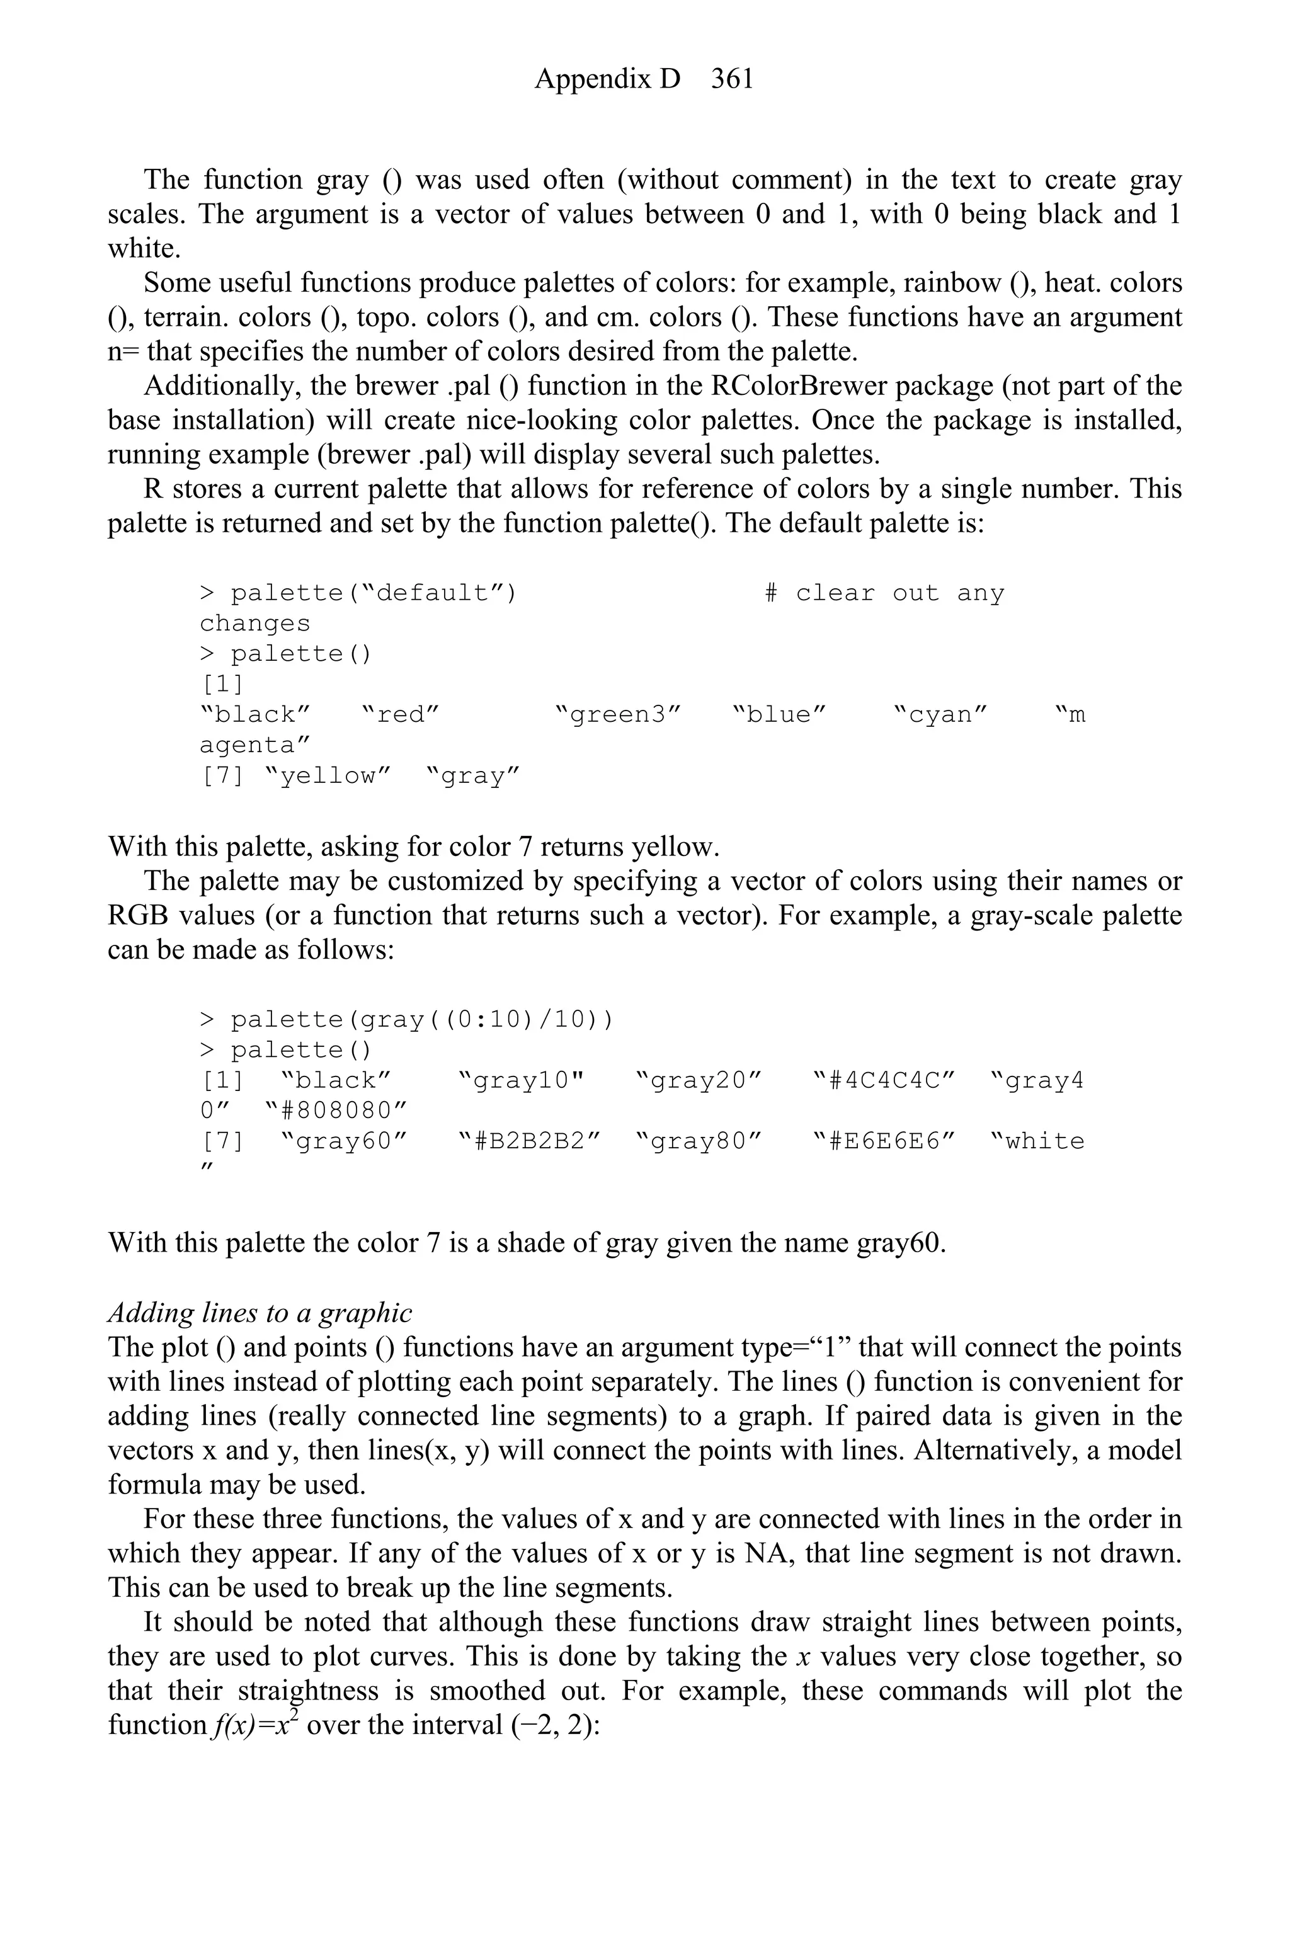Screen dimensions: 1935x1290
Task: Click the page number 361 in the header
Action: [x=732, y=79]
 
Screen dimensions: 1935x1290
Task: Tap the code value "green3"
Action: [x=619, y=715]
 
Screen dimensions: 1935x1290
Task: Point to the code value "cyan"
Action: [x=940, y=715]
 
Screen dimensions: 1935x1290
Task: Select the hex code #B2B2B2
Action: [x=530, y=1142]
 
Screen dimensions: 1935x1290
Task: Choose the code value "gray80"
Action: [x=699, y=1142]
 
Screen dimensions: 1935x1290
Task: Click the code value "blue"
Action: [x=779, y=715]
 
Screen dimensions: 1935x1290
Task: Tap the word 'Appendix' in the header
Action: [x=607, y=79]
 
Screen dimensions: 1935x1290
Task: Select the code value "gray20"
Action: [x=699, y=1080]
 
